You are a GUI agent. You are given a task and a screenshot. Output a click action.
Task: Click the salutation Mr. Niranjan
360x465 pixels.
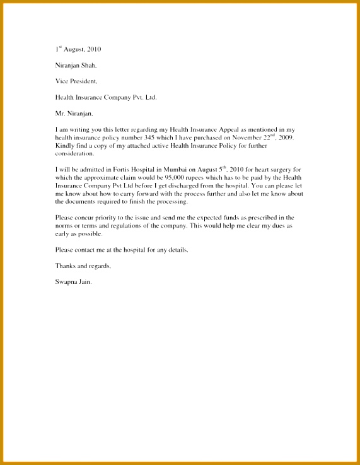pos(74,114)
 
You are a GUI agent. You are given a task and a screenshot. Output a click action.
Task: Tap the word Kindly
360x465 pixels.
pos(65,146)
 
